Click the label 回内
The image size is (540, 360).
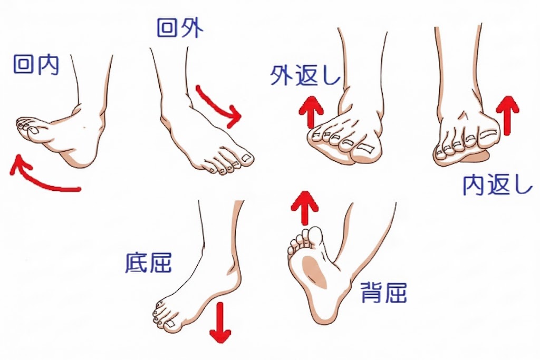click(36, 64)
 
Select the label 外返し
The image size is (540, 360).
click(305, 75)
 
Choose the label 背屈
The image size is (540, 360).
click(384, 293)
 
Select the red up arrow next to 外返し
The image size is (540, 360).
click(311, 113)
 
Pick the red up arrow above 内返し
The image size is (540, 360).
click(508, 115)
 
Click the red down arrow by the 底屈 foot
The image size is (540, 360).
click(220, 323)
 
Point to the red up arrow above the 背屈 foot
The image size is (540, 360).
click(304, 208)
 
